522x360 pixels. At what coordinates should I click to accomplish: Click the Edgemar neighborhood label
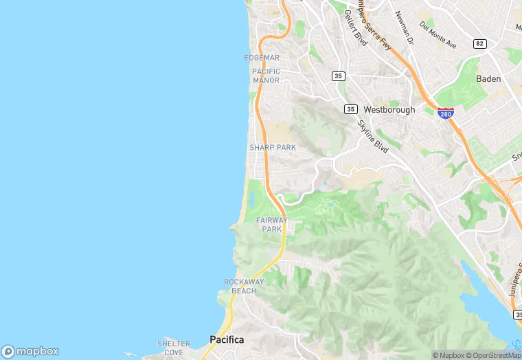(x=262, y=58)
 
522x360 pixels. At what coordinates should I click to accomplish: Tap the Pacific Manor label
(x=266, y=76)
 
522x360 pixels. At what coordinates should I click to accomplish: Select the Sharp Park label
(x=272, y=148)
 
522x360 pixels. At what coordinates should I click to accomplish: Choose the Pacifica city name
(x=227, y=339)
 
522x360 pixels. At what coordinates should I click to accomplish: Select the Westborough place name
(x=389, y=109)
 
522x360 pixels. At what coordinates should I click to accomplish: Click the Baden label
(x=488, y=79)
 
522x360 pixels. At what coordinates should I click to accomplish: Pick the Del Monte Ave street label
(x=438, y=35)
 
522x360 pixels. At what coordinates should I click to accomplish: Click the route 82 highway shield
(x=480, y=44)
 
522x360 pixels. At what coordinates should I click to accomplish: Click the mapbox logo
(x=31, y=351)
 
